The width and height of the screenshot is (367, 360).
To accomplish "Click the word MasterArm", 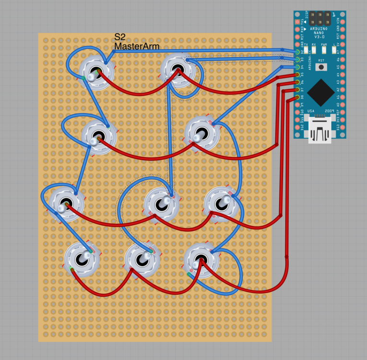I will point(136,46).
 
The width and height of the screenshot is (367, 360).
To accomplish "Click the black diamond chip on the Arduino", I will point(320,90).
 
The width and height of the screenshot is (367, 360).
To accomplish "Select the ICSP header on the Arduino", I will point(319,19).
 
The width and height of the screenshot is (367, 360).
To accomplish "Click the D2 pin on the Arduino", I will point(297,51).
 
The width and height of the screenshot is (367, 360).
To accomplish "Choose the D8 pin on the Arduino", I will point(297,97).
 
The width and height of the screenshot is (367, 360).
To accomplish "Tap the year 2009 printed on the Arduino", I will point(329,111).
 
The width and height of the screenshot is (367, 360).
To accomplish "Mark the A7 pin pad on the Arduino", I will point(343,51).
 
